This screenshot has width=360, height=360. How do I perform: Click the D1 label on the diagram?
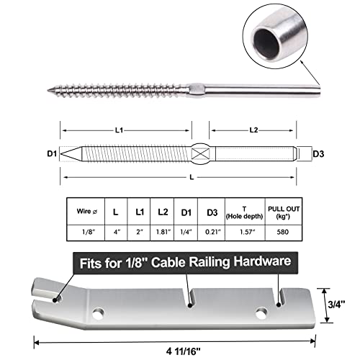point(50,154)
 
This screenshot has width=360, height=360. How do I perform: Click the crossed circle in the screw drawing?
point(202,154)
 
